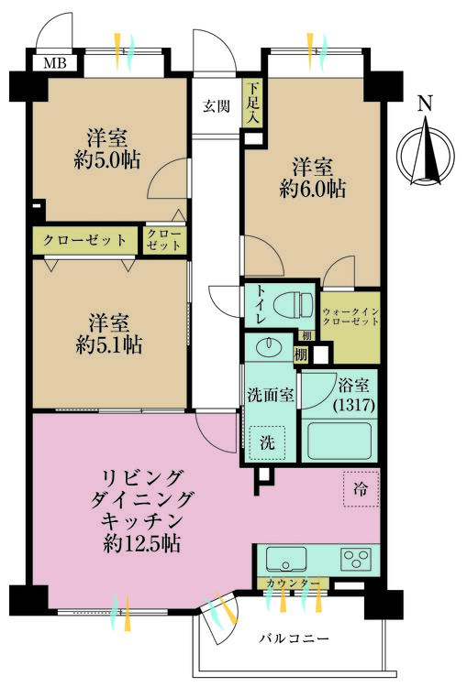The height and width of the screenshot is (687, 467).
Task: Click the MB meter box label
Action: [x=55, y=63]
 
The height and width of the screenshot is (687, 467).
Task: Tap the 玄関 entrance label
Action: [x=217, y=106]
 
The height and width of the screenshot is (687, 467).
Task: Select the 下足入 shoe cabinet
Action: [x=252, y=104]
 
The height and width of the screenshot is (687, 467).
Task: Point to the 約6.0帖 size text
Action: [x=313, y=189]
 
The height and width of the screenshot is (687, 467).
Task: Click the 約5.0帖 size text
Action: [x=107, y=160]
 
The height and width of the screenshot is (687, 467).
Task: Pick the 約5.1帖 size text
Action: [x=109, y=345]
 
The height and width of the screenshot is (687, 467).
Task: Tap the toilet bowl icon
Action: [x=293, y=304]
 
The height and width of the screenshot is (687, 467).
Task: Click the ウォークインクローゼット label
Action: [x=350, y=316]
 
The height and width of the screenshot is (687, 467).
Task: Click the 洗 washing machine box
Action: [x=267, y=442]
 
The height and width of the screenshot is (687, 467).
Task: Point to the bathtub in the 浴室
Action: [x=339, y=440]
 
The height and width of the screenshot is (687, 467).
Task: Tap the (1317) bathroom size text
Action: [x=354, y=405]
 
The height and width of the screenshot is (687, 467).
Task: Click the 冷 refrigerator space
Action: [x=361, y=489]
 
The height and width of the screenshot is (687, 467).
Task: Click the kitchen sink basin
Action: [x=286, y=560]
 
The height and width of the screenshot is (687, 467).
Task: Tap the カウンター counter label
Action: [x=293, y=583]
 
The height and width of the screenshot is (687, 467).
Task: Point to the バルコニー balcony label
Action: [x=295, y=638]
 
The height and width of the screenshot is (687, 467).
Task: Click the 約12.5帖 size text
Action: [x=142, y=544]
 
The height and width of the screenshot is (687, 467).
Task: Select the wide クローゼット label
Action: [x=84, y=240]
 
